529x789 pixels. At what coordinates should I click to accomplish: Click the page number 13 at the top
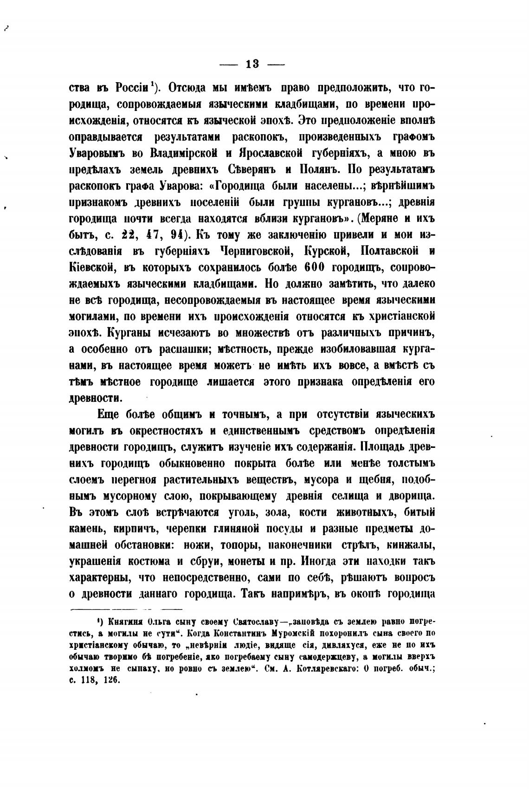[x=252, y=64]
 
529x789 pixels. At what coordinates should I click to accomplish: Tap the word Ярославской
[x=265, y=153]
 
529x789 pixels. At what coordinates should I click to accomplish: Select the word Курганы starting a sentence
[x=129, y=333]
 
